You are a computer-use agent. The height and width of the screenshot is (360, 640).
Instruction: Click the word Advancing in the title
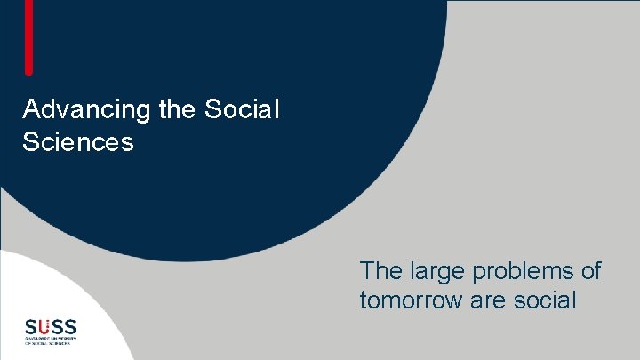click(x=76, y=110)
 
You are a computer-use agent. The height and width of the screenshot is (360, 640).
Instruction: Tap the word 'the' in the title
click(x=166, y=110)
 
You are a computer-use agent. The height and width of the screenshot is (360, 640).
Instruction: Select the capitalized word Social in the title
click(x=242, y=110)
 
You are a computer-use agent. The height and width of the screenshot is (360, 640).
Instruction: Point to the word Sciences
click(x=78, y=141)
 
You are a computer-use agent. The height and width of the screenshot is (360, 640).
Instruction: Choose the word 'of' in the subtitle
click(x=589, y=270)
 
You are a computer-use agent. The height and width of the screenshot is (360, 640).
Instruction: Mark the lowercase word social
click(x=545, y=300)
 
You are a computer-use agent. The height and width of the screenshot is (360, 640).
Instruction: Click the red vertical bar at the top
click(x=29, y=36)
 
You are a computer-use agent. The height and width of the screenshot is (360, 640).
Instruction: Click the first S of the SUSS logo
click(x=30, y=325)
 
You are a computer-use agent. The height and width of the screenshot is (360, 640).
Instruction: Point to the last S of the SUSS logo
click(x=70, y=325)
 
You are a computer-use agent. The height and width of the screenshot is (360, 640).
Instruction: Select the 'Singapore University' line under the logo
click(x=51, y=339)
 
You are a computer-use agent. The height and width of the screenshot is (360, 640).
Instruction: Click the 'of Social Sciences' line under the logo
click(x=51, y=344)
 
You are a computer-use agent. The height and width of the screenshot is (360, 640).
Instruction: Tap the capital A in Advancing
click(x=32, y=110)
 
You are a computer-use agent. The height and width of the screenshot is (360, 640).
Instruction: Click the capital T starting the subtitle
click(x=367, y=270)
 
